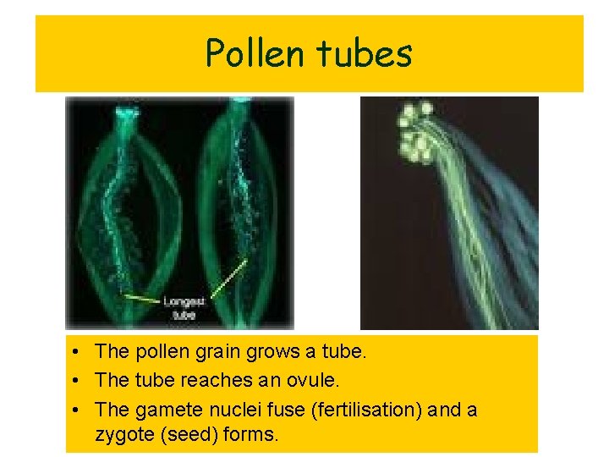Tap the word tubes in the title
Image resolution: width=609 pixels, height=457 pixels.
364,54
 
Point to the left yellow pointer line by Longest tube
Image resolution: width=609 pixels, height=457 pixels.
141,298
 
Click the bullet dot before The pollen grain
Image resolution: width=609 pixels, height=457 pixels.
76,351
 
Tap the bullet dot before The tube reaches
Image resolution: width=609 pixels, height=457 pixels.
76,381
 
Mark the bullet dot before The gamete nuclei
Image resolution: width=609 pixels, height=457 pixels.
76,410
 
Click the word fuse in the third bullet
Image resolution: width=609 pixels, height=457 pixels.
284,410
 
